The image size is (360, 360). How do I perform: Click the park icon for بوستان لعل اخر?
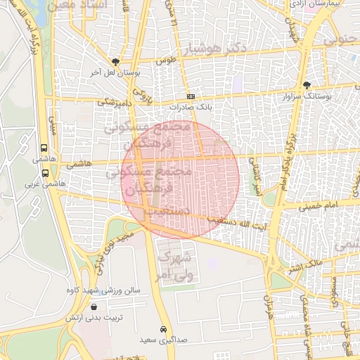click(115, 62)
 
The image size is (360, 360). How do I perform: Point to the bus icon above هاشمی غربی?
click(45, 172)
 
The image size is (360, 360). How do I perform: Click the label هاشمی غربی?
click(41, 184)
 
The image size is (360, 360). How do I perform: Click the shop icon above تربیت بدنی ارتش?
click(94, 307)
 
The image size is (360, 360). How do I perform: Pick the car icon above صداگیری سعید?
click(164, 329)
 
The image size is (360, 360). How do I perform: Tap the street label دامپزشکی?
click(112, 102)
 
